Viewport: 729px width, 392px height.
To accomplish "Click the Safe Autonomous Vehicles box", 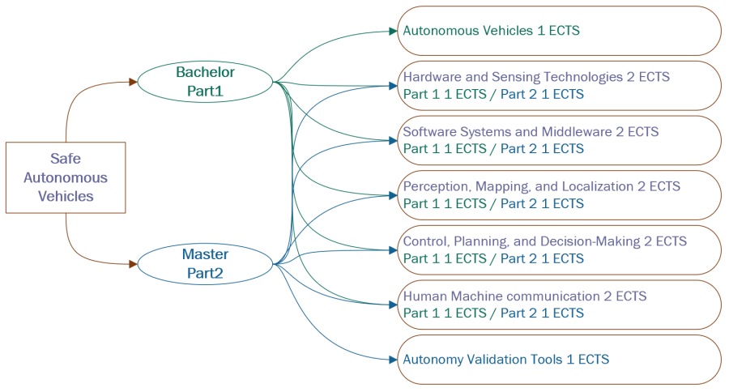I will (66, 177).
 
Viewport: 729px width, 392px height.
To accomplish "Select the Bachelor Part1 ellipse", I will (205, 81).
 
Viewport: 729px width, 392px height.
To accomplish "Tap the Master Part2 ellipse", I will (205, 263).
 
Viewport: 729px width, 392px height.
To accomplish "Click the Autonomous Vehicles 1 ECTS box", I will (559, 31).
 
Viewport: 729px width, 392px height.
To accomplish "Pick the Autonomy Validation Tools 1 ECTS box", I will (559, 360).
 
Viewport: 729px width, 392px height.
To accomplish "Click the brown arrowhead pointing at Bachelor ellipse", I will (133, 82).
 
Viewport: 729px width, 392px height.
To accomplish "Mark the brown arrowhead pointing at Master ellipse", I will (133, 264).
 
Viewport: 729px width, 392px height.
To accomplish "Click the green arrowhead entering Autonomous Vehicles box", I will (392, 32).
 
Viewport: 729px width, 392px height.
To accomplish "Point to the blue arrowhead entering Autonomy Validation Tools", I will (392, 360).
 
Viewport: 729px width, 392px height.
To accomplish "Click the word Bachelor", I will (205, 72).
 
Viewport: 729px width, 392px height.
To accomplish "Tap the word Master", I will (205, 254).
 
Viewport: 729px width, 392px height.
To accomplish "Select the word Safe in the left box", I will (66, 160).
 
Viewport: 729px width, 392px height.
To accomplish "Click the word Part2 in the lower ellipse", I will (205, 273).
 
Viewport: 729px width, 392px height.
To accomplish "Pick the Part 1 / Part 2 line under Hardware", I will (492, 94).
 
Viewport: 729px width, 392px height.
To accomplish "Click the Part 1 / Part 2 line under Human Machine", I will (492, 313).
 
